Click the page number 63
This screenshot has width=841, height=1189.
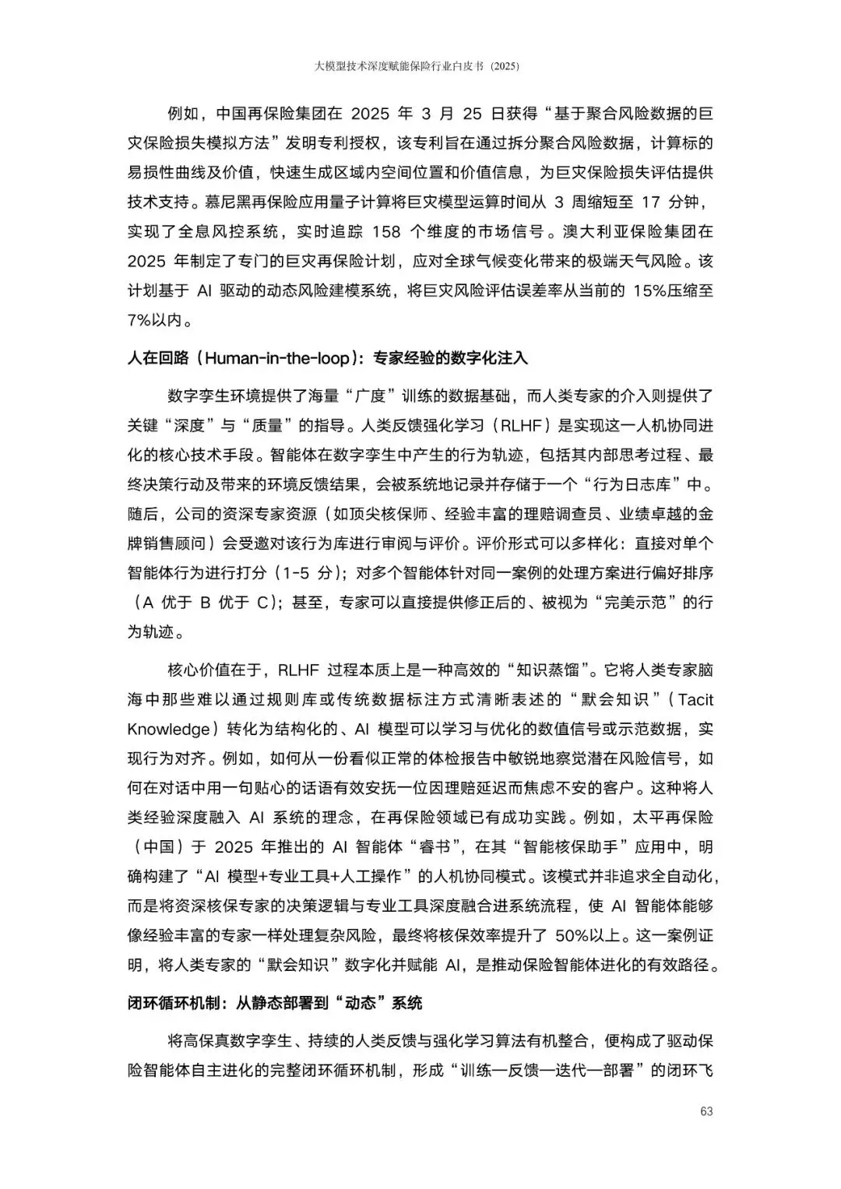[706, 1111]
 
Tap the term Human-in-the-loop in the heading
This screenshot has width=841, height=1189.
[276, 358]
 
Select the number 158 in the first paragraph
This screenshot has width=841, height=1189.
[387, 231]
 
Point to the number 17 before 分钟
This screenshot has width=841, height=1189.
[652, 202]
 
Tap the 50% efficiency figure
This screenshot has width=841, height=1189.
[572, 935]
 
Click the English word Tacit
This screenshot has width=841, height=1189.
[695, 699]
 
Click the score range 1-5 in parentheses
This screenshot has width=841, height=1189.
[296, 573]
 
